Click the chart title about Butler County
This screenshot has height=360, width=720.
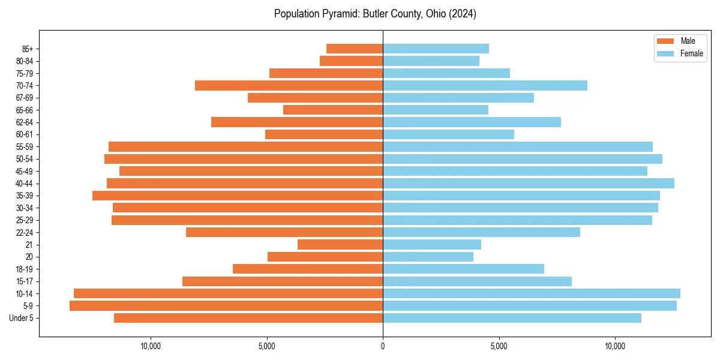[x=375, y=14]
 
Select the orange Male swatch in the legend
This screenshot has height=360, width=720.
[x=665, y=41]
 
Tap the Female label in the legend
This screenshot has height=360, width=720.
[x=692, y=53]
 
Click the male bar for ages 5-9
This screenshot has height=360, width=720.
[x=226, y=306]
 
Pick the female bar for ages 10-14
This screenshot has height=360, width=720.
[x=532, y=293]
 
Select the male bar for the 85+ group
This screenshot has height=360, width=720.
[x=355, y=49]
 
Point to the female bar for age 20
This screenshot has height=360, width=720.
[x=428, y=257]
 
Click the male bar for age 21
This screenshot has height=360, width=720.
[x=340, y=245]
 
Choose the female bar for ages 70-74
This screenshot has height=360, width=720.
[x=485, y=86]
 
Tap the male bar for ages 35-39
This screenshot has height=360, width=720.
[x=238, y=196]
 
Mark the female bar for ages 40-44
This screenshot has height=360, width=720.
[x=529, y=184]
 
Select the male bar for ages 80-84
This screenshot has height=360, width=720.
[x=351, y=61]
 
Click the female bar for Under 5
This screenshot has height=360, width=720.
[x=512, y=318]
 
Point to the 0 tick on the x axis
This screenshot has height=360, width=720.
[x=383, y=346]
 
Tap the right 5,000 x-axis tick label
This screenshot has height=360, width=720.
[x=499, y=346]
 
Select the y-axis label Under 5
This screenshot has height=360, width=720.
[x=21, y=318]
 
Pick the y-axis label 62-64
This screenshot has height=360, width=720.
[x=25, y=122]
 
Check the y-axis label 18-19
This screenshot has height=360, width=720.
[x=25, y=269]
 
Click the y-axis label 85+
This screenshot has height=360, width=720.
[x=26, y=49]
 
